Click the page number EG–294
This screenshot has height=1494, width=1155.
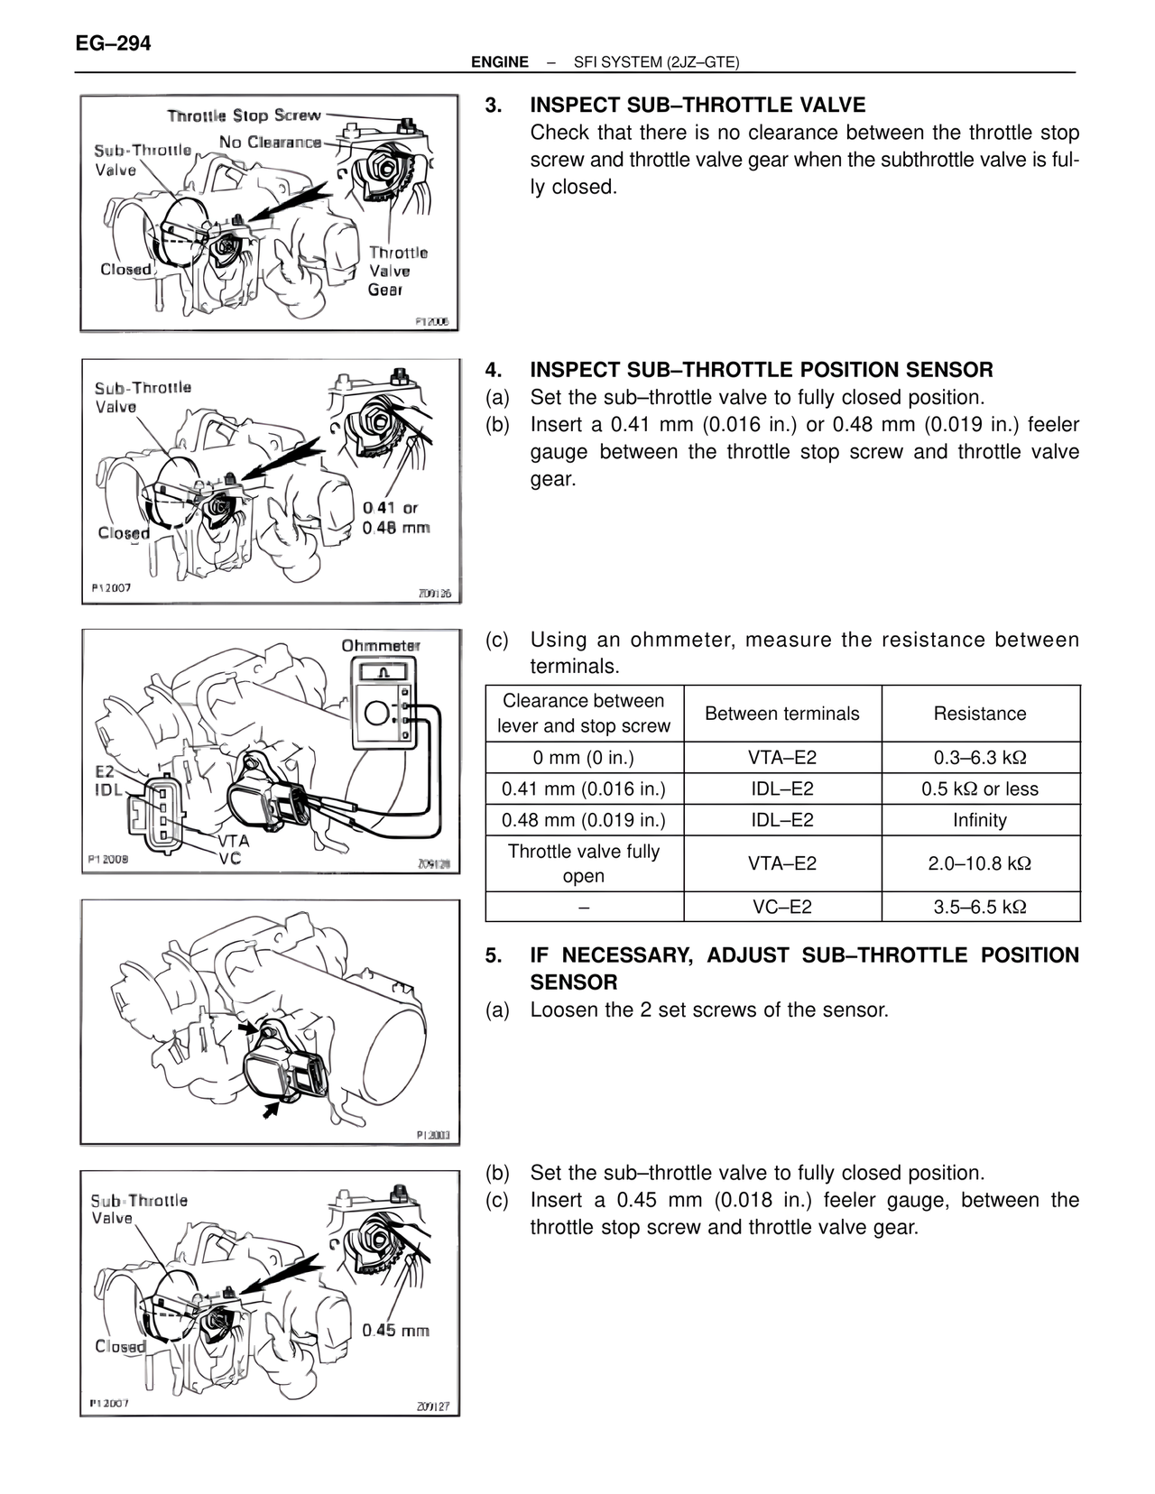point(114,42)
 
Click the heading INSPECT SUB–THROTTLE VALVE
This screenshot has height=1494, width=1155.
point(697,105)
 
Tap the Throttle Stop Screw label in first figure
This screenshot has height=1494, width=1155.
point(244,115)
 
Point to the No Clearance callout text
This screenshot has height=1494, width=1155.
point(270,143)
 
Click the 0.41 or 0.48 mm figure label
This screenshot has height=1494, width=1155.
point(396,518)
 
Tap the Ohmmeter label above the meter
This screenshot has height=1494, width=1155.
point(380,646)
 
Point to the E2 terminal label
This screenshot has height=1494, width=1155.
point(105,771)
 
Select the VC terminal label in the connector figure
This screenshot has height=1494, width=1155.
point(229,858)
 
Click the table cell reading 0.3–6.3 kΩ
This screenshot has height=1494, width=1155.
point(979,758)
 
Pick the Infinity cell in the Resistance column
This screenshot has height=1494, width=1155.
point(979,820)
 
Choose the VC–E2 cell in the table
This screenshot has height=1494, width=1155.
point(781,907)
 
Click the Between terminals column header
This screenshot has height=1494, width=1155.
point(781,714)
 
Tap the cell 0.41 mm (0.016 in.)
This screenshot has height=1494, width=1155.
point(583,789)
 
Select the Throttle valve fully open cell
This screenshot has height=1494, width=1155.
point(583,863)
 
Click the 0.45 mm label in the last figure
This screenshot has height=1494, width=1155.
point(395,1331)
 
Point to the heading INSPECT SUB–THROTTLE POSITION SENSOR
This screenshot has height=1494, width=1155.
point(761,370)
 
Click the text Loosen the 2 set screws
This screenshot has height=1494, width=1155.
point(708,1010)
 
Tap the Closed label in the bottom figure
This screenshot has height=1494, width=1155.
point(120,1346)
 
